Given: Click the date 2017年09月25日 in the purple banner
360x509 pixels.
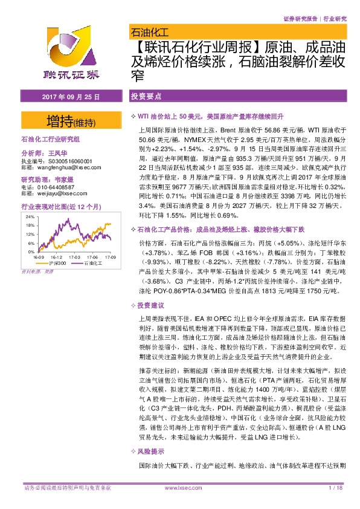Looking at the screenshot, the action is (66, 97).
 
